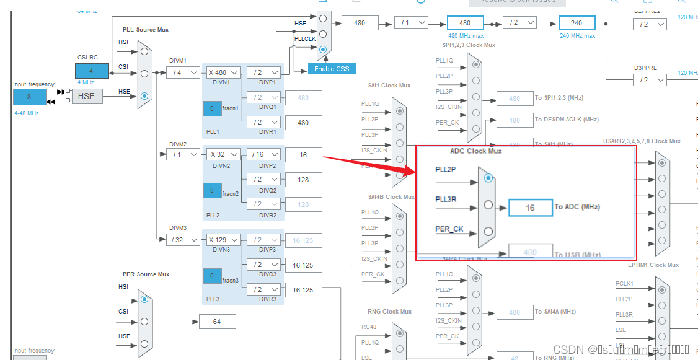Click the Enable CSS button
point(332,69)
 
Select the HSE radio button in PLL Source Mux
point(144,96)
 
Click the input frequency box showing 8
point(29,97)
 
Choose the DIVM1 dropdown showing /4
point(183,72)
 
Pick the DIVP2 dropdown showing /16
point(263,154)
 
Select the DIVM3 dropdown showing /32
point(183,240)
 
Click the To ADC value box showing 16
point(530,208)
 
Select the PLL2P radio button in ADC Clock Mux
point(488,178)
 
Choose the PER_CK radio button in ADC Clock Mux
point(488,232)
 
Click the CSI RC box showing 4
point(92,71)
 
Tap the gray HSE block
point(87,96)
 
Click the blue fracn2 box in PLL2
point(212,190)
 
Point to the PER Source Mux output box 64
point(217,322)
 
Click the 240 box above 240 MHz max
point(577,23)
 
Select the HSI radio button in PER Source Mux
point(144,299)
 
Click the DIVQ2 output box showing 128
point(303,180)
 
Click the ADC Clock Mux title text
point(475,151)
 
